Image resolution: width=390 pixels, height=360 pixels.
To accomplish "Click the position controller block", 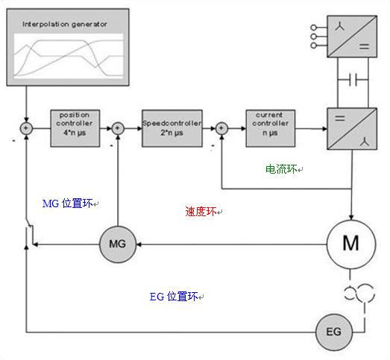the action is pyautogui.click(x=75, y=128).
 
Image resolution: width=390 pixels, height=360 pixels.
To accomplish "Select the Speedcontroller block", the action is pyautogui.click(x=172, y=128).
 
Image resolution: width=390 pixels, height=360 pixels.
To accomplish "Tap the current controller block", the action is pyautogui.click(x=271, y=128).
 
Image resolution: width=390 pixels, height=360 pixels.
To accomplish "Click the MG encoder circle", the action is pyautogui.click(x=118, y=244).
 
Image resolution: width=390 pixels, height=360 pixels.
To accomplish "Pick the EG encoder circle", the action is pyautogui.click(x=334, y=332).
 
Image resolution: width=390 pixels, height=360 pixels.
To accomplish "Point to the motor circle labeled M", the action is pyautogui.click(x=351, y=244).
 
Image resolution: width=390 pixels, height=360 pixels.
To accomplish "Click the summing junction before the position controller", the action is pyautogui.click(x=26, y=128).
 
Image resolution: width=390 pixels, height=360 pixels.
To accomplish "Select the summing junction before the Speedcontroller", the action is pyautogui.click(x=118, y=128).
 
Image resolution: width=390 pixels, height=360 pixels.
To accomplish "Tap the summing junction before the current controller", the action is pyautogui.click(x=221, y=128).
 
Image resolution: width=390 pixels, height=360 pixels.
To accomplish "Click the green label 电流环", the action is pyautogui.click(x=281, y=169).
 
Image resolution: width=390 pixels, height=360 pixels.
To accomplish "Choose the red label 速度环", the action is pyautogui.click(x=201, y=212).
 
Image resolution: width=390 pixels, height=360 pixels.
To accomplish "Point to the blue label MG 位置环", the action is pyautogui.click(x=68, y=203).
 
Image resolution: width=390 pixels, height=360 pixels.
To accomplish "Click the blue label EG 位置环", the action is pyautogui.click(x=174, y=297).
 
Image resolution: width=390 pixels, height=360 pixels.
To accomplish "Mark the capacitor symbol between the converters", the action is pyautogui.click(x=353, y=80).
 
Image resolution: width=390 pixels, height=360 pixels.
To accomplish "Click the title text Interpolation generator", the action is pyautogui.click(x=65, y=24).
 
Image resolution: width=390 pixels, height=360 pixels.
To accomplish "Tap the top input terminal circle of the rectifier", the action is pyautogui.click(x=314, y=27).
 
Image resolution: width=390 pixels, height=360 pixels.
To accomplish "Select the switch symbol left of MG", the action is pyautogui.click(x=29, y=234).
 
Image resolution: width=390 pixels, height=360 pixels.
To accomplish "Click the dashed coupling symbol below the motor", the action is pyautogui.click(x=359, y=294).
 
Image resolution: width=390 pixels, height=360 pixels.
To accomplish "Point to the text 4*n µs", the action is pyautogui.click(x=75, y=133).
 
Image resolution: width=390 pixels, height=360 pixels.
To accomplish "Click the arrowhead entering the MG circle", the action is pyautogui.click(x=139, y=244).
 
